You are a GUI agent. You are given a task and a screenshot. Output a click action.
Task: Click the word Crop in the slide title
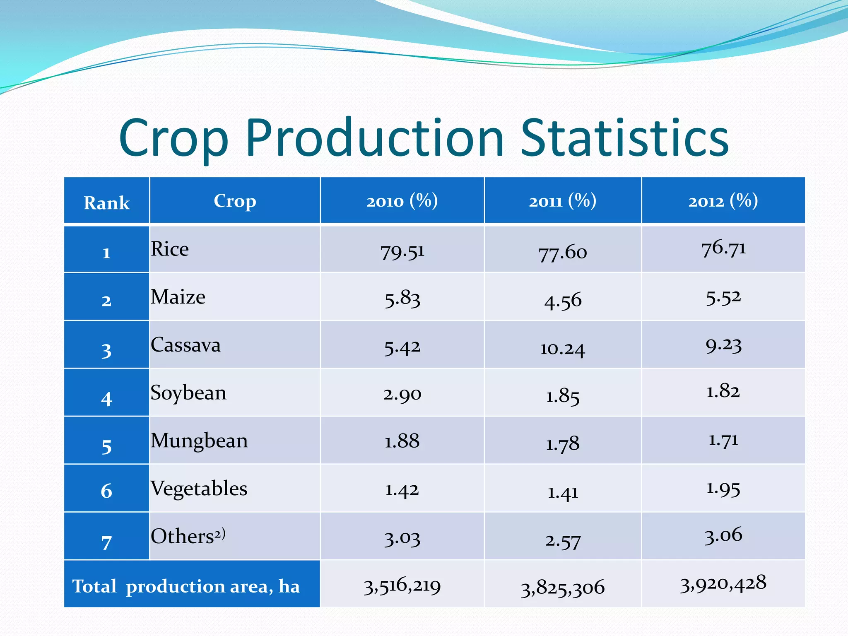(x=174, y=139)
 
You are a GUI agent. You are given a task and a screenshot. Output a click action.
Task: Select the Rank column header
(x=106, y=203)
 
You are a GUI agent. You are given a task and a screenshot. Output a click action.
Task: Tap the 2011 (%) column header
(x=562, y=201)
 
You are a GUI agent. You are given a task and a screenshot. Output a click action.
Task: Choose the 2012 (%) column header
(x=723, y=201)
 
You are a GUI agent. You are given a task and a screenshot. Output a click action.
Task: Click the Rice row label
(x=170, y=249)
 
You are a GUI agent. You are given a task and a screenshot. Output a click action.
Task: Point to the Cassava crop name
(x=185, y=345)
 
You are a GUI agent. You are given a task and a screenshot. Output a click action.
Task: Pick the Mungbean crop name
(x=199, y=441)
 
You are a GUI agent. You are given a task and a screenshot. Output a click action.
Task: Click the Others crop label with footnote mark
(x=188, y=536)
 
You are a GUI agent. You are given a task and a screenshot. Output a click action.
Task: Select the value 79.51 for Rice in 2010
(x=402, y=252)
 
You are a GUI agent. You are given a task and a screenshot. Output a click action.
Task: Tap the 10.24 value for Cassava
(x=562, y=349)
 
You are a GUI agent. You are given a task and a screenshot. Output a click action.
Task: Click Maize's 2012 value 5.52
(x=723, y=297)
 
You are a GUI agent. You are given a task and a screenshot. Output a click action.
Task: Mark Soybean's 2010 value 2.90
(x=402, y=394)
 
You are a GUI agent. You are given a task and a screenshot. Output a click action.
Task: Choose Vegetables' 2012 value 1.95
(x=723, y=489)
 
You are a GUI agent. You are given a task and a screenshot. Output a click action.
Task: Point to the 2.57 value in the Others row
(x=562, y=541)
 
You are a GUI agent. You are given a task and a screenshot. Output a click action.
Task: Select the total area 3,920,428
(x=723, y=584)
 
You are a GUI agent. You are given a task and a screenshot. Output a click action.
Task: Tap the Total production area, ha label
(x=186, y=586)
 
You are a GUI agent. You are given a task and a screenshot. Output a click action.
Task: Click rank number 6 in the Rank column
(x=106, y=491)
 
